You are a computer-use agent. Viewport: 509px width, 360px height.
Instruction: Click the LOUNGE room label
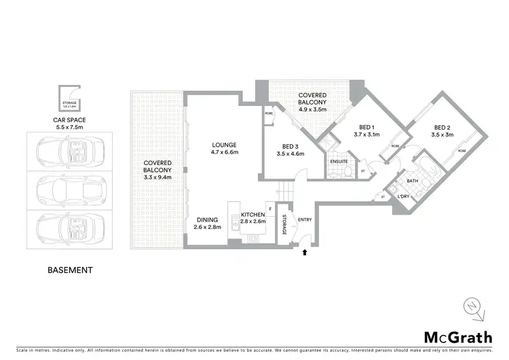click(223, 145)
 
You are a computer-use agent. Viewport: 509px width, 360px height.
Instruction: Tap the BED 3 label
click(290, 147)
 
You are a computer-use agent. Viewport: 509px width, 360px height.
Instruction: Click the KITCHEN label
click(253, 215)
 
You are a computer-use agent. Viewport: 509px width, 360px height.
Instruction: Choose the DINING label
click(207, 220)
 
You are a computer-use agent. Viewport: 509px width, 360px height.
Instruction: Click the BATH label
click(411, 181)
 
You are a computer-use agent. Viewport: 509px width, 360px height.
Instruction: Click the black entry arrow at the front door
click(305, 252)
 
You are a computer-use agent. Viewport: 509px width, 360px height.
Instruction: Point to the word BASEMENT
click(69, 270)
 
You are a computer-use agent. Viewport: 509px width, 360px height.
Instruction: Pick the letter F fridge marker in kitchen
click(270, 209)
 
